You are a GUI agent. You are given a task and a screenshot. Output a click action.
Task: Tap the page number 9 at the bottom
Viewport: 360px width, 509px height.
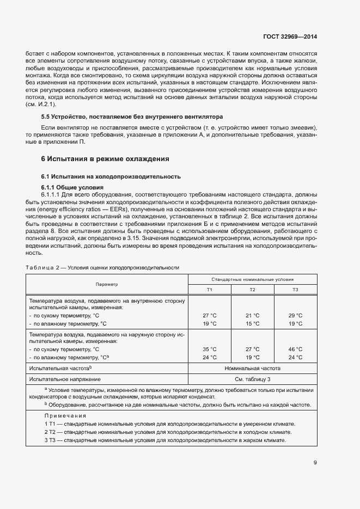coord(315,463)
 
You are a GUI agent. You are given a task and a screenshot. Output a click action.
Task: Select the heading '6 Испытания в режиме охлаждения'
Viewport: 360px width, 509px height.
coord(105,159)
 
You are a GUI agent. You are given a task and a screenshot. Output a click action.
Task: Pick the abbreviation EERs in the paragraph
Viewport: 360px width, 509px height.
coord(123,209)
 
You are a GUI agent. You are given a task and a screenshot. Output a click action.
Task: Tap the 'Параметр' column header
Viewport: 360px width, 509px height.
coord(107,284)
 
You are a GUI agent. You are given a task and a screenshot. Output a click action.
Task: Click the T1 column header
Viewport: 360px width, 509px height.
coord(209,289)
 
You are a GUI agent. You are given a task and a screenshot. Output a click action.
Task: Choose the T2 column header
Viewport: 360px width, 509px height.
coord(252,289)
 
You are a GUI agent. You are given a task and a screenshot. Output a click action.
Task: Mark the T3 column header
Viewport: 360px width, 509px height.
coord(295,289)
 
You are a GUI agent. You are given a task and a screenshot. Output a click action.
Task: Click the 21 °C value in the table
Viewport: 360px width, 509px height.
coord(252,315)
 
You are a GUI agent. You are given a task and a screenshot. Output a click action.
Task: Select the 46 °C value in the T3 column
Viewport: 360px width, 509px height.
coord(295,349)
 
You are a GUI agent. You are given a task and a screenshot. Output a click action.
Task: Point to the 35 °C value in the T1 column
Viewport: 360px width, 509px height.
coord(209,349)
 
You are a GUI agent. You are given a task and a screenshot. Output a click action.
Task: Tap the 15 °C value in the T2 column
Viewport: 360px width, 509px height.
coord(252,323)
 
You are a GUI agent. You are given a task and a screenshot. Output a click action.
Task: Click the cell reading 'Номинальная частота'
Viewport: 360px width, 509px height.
coord(252,369)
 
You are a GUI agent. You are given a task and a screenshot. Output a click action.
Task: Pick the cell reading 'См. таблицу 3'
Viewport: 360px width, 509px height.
coord(252,379)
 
